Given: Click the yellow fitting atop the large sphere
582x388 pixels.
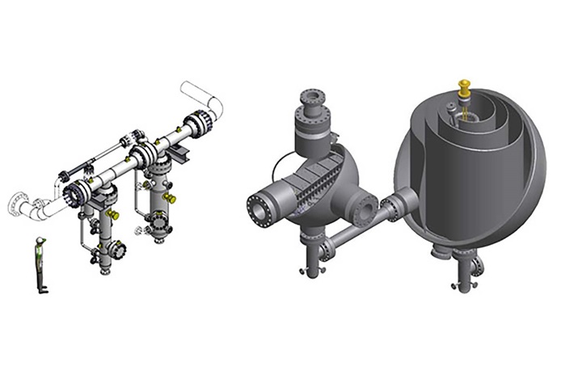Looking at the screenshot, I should pyautogui.click(x=464, y=86).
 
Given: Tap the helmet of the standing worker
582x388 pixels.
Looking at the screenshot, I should pyautogui.click(x=41, y=241).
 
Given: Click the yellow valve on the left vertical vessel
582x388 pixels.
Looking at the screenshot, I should pyautogui.click(x=113, y=214).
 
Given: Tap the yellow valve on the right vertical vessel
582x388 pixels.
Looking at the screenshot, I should pyautogui.click(x=169, y=197).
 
